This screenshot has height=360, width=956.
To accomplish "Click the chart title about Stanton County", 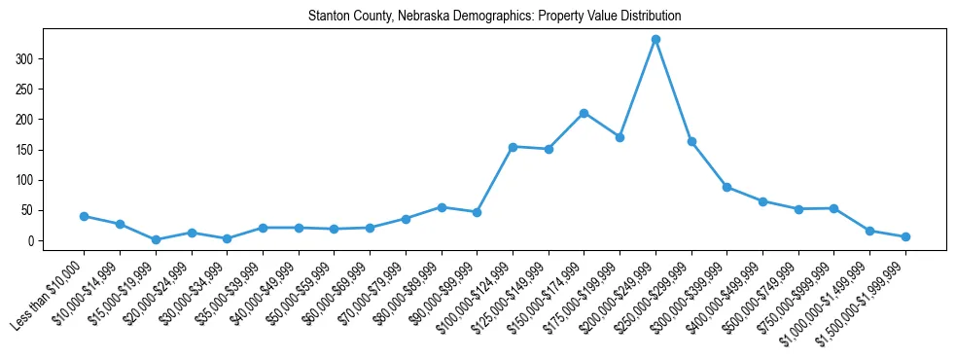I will pyautogui.click(x=494, y=17).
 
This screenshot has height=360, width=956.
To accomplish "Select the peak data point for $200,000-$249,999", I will pyautogui.click(x=655, y=39).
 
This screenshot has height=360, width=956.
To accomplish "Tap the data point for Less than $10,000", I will pyautogui.click(x=84, y=216).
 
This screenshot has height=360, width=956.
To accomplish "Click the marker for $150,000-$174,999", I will pyautogui.click(x=584, y=113).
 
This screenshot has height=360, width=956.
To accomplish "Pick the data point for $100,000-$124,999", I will pyautogui.click(x=513, y=146).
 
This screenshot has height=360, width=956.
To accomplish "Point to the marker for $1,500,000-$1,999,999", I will pyautogui.click(x=905, y=236).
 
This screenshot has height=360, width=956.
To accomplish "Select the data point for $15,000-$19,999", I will pyautogui.click(x=156, y=239).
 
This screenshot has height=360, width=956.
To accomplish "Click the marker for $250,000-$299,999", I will pyautogui.click(x=691, y=141).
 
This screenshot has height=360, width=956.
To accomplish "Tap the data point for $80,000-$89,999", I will pyautogui.click(x=442, y=207).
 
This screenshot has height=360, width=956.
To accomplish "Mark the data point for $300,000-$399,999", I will pyautogui.click(x=726, y=187).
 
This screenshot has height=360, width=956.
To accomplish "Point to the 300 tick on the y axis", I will pyautogui.click(x=28, y=59).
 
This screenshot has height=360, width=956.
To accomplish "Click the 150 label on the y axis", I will pyautogui.click(x=28, y=150).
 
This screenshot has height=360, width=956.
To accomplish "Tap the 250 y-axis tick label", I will pyautogui.click(x=28, y=90).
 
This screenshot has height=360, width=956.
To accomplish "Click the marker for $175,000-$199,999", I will pyautogui.click(x=620, y=137).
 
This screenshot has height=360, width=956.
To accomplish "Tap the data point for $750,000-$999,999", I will pyautogui.click(x=833, y=208).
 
